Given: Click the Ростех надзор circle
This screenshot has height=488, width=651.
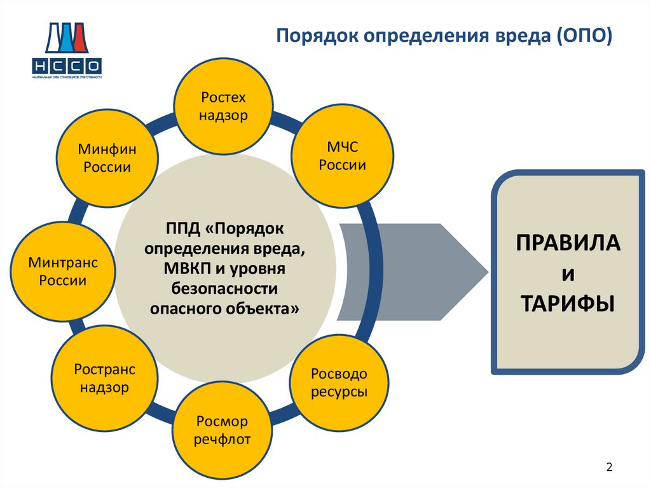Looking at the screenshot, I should click(x=223, y=106).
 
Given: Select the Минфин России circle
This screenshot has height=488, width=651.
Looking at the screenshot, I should click(x=105, y=158).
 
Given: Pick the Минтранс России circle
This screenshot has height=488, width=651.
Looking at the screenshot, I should click(x=63, y=271).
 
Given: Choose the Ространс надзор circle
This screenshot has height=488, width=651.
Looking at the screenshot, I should click(x=105, y=378).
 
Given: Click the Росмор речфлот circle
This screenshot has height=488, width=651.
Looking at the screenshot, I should click(x=223, y=431).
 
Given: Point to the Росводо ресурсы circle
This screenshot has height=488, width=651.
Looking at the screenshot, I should click(x=339, y=382).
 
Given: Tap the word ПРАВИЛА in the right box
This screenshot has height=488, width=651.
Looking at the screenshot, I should click(x=568, y=243).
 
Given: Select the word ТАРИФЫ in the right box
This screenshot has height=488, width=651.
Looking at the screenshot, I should click(x=568, y=302).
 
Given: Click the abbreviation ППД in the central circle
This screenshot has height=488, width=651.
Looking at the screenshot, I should click(x=181, y=227).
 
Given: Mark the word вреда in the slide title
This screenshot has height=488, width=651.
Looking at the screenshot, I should click(x=520, y=36).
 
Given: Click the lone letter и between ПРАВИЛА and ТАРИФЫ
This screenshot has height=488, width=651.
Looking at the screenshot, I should click(x=568, y=273).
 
